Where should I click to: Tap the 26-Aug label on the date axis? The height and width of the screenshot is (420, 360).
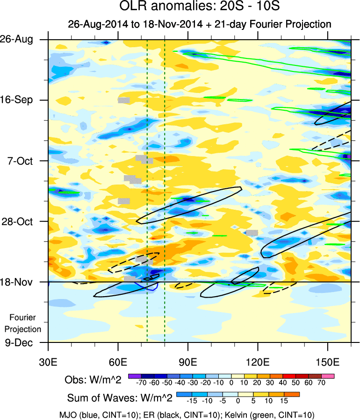[22, 39]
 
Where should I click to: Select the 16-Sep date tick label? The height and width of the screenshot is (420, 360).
[22, 100]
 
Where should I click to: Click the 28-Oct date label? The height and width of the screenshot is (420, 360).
[22, 221]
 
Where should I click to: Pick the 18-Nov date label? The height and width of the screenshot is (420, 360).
[22, 282]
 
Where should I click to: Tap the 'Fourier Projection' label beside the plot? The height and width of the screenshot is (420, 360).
[26, 323]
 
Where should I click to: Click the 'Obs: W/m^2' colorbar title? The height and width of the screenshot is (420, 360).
[93, 380]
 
